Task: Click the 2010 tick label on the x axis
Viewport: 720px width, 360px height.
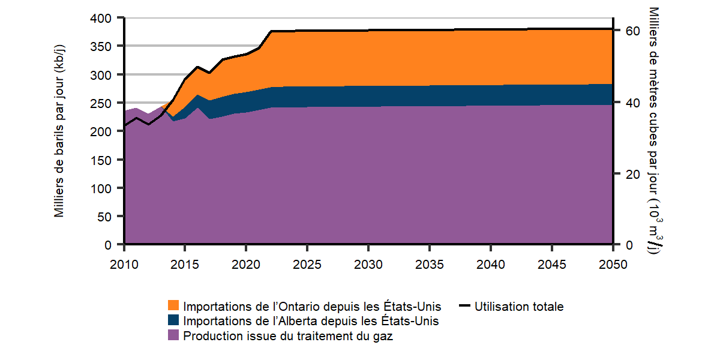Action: [x=124, y=265]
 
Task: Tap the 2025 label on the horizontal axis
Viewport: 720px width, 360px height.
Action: [x=307, y=265]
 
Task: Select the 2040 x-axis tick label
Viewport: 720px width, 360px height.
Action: [x=490, y=265]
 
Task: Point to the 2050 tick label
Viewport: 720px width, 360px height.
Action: [x=612, y=265]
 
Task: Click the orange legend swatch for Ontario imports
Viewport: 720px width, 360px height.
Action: [x=173, y=307]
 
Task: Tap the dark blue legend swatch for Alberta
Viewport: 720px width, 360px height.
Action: [x=173, y=321]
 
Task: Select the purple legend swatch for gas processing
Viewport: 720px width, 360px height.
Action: [x=173, y=336]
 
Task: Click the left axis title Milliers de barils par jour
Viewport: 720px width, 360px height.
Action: [x=59, y=131]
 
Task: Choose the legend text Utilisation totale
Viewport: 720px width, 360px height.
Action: [x=519, y=307]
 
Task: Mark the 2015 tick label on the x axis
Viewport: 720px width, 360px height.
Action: [x=185, y=265]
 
